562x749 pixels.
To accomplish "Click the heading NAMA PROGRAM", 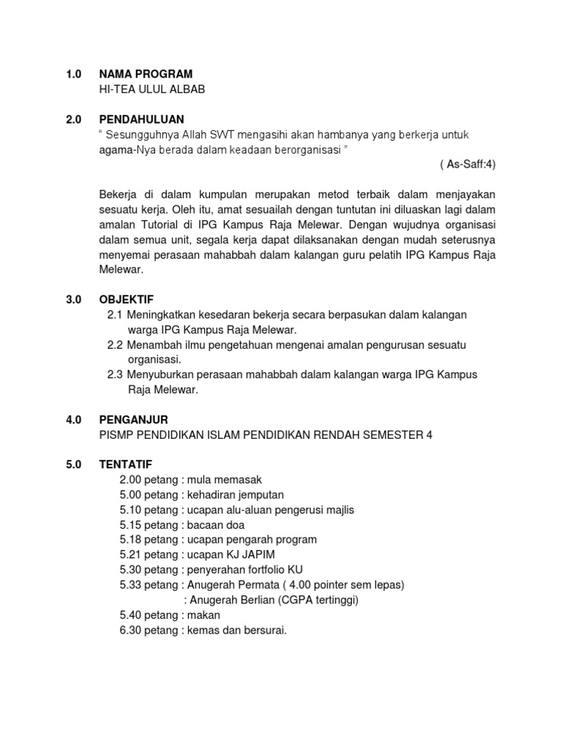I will (x=146, y=74).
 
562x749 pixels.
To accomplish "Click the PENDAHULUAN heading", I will (x=142, y=119).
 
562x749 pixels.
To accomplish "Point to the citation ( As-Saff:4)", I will (x=468, y=165).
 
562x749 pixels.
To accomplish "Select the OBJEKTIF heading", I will (x=127, y=299).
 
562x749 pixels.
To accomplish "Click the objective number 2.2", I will (x=116, y=345).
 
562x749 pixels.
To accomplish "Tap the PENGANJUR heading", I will (x=134, y=419).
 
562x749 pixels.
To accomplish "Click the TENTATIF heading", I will (x=126, y=464).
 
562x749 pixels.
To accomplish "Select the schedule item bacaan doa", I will (x=216, y=525).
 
